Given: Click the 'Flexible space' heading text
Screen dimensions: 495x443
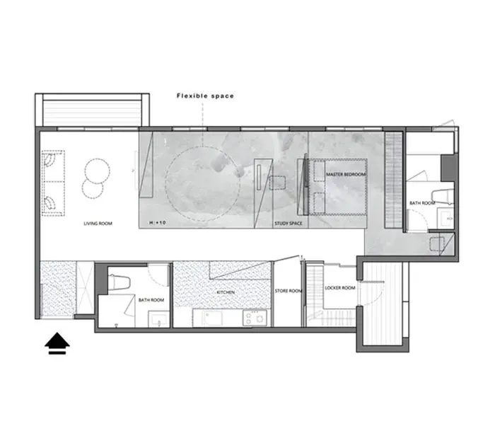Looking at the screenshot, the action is [205, 96].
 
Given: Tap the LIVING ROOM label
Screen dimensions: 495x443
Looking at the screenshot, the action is [98, 224].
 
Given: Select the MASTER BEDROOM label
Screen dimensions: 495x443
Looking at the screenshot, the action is [346, 174].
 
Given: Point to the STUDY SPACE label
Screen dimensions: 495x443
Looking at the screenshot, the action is [289, 224].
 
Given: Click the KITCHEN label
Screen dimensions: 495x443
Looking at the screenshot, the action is [226, 292].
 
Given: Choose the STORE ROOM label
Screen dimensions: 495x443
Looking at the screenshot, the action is [289, 291].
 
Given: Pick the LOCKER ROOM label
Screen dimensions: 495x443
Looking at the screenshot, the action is [340, 288].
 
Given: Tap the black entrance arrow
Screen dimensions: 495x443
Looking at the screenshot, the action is [57, 343].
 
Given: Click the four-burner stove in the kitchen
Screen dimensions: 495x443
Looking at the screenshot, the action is [255, 318].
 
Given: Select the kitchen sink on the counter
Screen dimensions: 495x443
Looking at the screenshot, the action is [212, 318].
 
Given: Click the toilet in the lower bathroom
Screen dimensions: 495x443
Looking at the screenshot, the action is [119, 282].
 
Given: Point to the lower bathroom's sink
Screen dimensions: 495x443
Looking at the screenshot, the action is [159, 319].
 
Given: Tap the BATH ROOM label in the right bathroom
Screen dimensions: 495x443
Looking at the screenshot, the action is [422, 203].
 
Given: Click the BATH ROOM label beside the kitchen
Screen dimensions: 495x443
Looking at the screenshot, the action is [151, 300].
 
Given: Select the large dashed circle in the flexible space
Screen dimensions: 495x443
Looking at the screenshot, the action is [202, 183].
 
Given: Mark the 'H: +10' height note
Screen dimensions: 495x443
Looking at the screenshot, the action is [158, 223].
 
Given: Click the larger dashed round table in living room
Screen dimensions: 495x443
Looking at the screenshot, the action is [98, 171].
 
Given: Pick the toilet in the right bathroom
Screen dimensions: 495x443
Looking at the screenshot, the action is [443, 196].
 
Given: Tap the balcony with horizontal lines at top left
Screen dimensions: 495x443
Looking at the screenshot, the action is [92, 113].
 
